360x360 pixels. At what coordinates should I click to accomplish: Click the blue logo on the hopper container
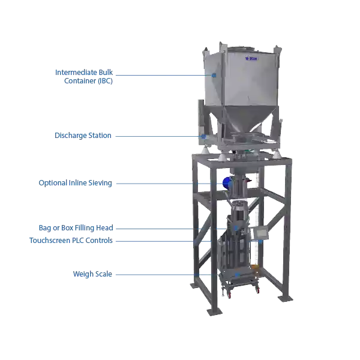pyautogui.click(x=250, y=58)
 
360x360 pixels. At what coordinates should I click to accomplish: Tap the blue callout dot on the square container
pyautogui.click(x=214, y=75)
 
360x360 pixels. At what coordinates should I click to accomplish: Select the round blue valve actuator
pyautogui.click(x=227, y=182)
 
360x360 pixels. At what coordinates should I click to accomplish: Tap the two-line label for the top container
pyautogui.click(x=84, y=76)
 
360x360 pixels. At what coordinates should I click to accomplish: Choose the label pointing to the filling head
pyautogui.click(x=76, y=228)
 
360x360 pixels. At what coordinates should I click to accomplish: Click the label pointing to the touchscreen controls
pyautogui.click(x=71, y=240)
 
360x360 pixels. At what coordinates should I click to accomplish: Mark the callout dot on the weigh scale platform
pyautogui.click(x=237, y=274)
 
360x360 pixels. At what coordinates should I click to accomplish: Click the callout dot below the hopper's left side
pyautogui.click(x=204, y=136)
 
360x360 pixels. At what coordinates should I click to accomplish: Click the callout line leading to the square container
pyautogui.click(x=162, y=75)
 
